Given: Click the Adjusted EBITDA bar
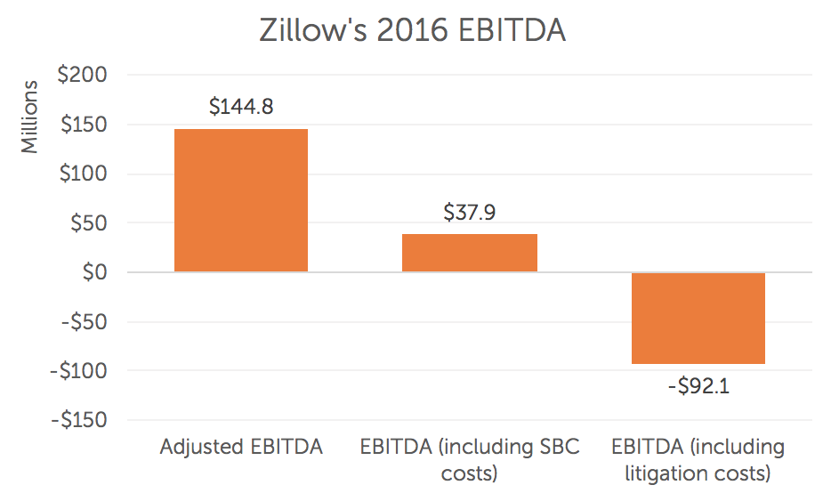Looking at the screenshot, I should coord(241,200).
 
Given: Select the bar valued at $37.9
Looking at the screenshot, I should coord(470,253).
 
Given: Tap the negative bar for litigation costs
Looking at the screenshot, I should coord(698,318).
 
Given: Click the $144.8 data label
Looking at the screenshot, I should coord(241,107).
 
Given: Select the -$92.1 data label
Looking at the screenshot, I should coord(698,386).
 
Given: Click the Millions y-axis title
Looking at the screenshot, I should coord(31,117).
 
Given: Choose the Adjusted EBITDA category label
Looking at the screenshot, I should coord(241,447).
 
